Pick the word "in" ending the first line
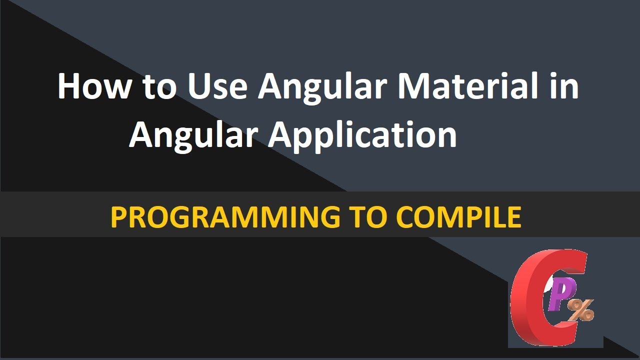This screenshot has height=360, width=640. click(x=564, y=86)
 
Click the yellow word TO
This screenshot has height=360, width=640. click(x=365, y=217)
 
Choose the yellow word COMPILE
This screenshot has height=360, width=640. click(x=458, y=217)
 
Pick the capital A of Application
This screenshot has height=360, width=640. click(x=284, y=135)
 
